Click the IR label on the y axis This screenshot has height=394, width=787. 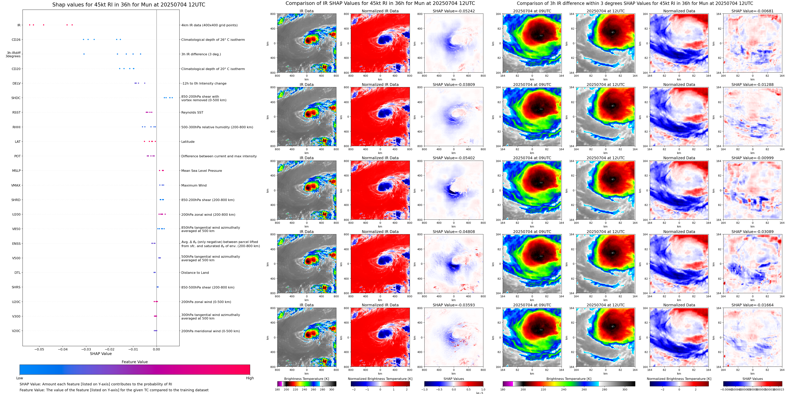(19, 25)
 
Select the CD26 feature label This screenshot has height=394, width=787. (16, 40)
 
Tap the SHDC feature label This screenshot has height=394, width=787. (16, 98)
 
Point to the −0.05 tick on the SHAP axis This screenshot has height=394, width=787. (39, 349)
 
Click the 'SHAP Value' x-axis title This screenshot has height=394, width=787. (101, 354)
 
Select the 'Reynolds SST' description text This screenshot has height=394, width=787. (192, 113)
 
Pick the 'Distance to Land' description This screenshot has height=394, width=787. (195, 273)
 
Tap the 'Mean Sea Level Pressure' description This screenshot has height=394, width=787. (202, 171)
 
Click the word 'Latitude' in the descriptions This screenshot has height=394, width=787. (188, 142)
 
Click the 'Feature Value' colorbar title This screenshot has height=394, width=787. (135, 362)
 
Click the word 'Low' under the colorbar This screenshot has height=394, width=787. (20, 378)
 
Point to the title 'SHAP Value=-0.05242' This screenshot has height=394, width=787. (454, 11)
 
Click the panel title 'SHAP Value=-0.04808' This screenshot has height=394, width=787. (454, 232)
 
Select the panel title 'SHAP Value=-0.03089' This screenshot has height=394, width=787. (753, 232)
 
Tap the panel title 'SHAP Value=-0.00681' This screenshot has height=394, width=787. (753, 11)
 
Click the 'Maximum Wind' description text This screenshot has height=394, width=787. (194, 185)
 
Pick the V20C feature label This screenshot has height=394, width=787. (16, 331)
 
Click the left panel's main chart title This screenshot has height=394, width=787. (129, 5)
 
